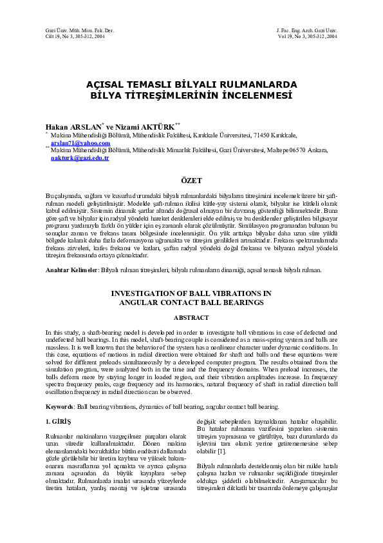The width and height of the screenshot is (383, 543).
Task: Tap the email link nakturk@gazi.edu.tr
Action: point(80,157)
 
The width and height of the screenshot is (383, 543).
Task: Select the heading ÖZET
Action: point(191,181)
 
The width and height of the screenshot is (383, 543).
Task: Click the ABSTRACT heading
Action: point(191,318)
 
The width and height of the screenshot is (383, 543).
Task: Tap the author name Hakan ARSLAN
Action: point(73,127)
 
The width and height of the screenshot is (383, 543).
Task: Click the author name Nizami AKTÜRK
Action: point(145,127)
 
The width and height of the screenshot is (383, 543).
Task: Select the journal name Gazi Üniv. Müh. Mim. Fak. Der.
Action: point(68,31)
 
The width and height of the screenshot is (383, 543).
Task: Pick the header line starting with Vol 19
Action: point(306,37)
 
